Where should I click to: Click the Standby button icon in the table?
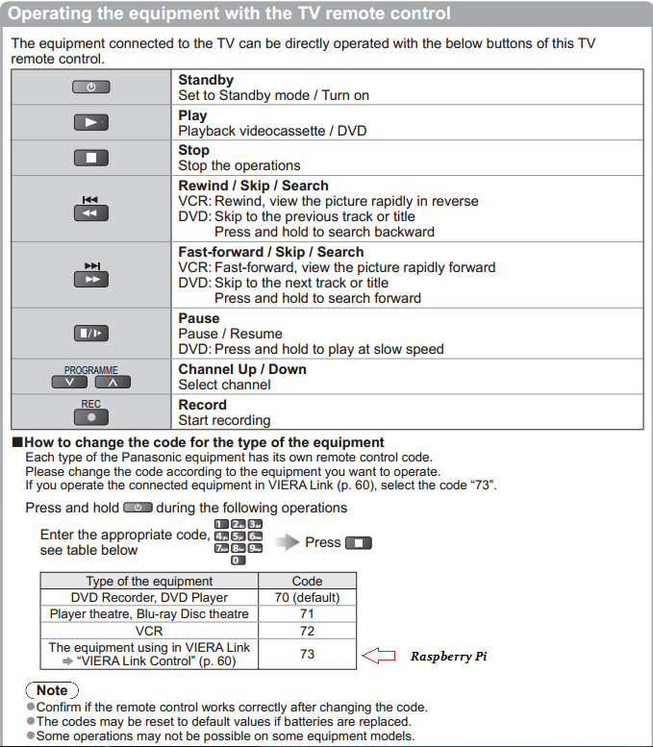click(x=90, y=87)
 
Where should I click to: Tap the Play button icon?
click(x=90, y=122)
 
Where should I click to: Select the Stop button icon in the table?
click(x=90, y=157)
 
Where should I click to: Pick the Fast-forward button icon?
click(x=90, y=279)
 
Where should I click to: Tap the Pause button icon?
click(x=90, y=334)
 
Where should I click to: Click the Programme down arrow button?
click(x=69, y=383)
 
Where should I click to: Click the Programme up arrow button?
click(x=113, y=383)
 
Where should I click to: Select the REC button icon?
click(x=90, y=417)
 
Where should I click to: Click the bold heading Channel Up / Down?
click(x=242, y=369)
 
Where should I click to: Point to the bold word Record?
click(x=202, y=405)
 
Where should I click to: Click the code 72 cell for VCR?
click(x=307, y=631)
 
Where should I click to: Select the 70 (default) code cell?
click(x=307, y=597)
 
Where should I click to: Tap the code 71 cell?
click(x=307, y=613)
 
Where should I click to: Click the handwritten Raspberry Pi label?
click(x=449, y=657)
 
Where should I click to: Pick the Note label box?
click(x=52, y=690)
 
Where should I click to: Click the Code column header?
click(x=307, y=581)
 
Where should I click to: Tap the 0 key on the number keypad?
click(x=239, y=560)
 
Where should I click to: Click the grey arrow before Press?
click(x=287, y=542)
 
